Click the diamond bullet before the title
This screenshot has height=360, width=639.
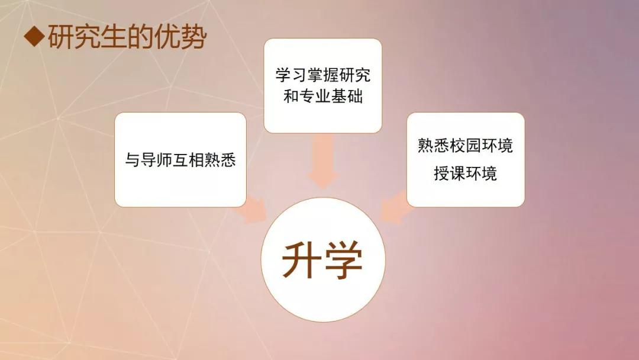click(x=34, y=37)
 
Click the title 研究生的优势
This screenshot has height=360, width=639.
click(x=127, y=37)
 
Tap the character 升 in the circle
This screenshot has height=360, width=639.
click(x=301, y=260)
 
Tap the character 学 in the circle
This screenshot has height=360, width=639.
click(x=343, y=260)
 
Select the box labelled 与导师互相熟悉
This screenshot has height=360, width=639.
click(x=180, y=160)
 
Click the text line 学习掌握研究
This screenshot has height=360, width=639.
click(x=323, y=75)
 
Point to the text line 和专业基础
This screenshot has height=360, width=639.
click(x=323, y=97)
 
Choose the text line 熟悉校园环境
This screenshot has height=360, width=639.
click(x=465, y=146)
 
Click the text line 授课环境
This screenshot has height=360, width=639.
click(x=465, y=173)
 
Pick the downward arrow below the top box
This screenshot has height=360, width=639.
click(x=323, y=161)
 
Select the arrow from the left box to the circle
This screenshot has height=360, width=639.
click(x=250, y=210)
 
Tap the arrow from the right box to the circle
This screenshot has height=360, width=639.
click(x=395, y=208)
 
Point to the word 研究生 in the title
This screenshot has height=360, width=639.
click(x=87, y=37)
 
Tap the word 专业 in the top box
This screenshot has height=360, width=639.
click(x=315, y=97)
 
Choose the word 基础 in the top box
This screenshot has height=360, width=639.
click(x=347, y=97)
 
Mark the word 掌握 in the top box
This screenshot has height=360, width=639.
click(x=323, y=75)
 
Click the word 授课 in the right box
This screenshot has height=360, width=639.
click(x=450, y=173)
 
